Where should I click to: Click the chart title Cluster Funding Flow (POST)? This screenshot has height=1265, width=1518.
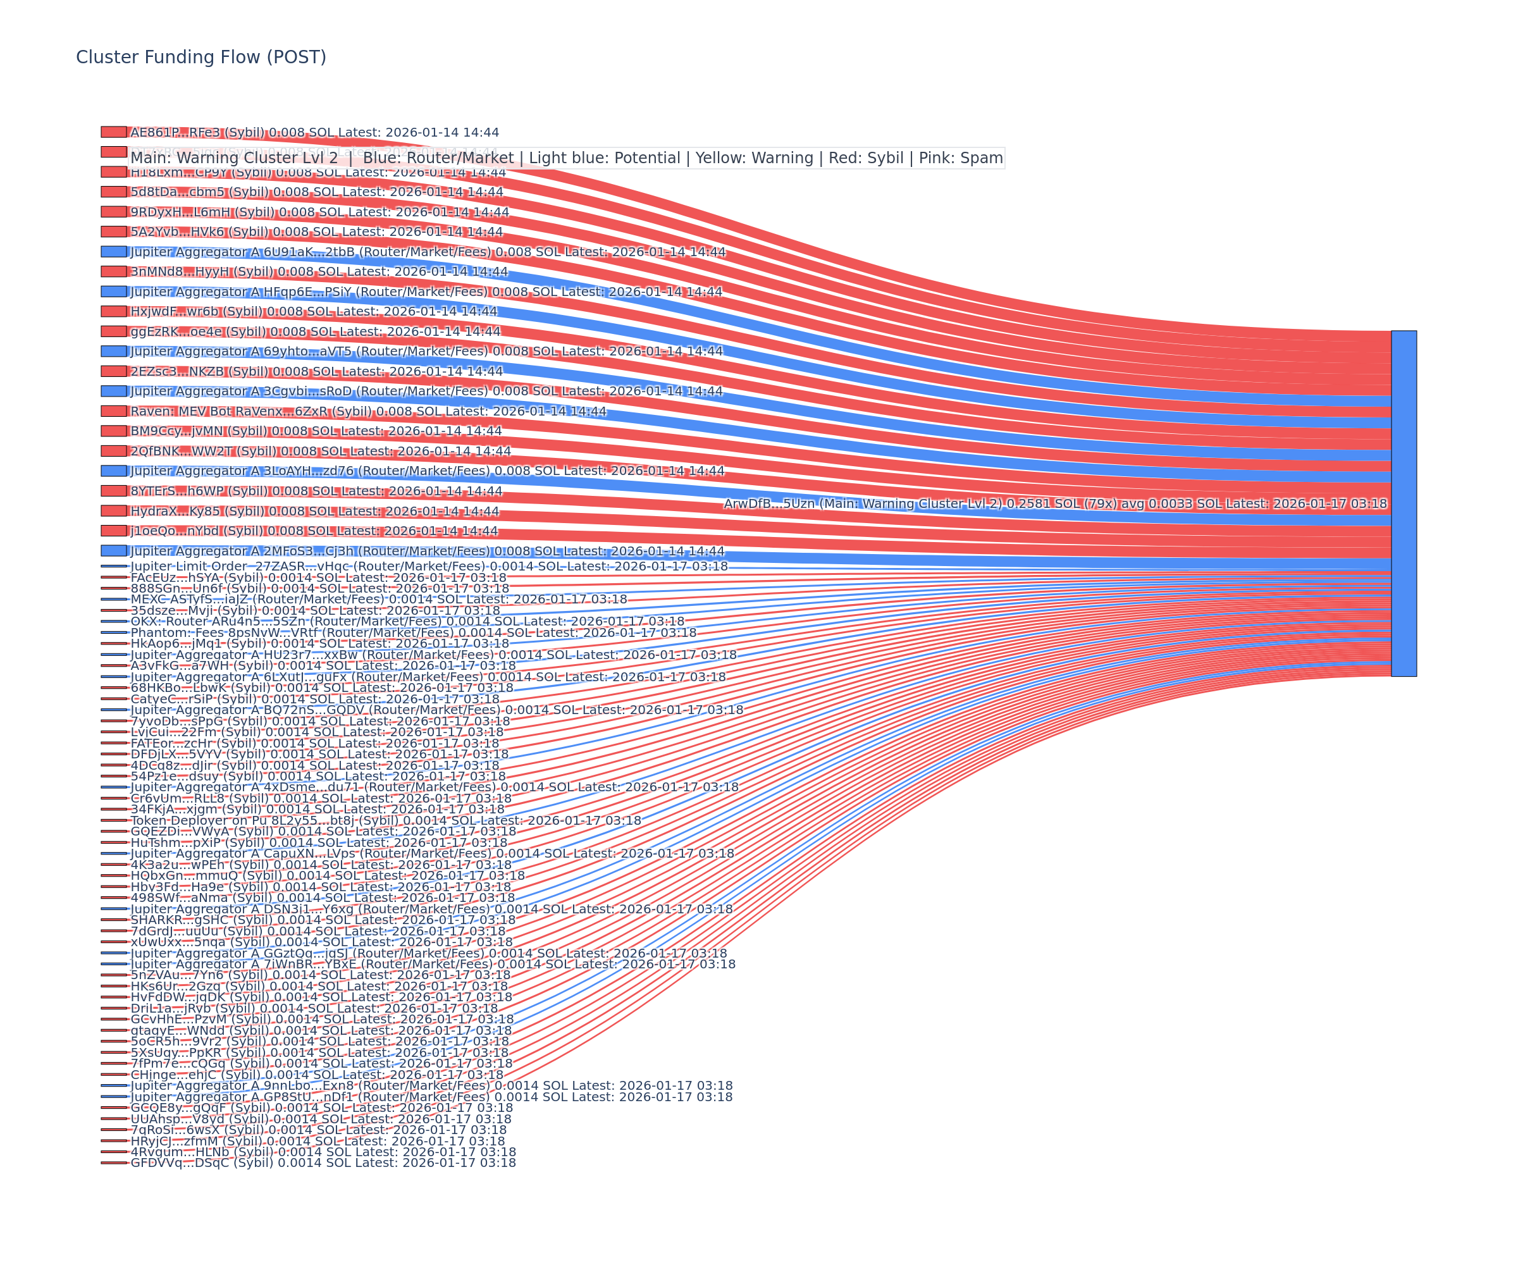201,57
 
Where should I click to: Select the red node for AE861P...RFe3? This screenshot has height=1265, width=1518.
113,132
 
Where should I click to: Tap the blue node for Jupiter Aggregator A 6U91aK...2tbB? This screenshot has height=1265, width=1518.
113,252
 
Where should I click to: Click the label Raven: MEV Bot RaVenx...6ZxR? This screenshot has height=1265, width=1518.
368,411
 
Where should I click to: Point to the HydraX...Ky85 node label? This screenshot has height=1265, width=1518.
314,511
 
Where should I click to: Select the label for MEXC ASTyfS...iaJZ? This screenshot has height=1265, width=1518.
378,599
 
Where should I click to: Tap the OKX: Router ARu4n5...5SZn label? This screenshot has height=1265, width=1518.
407,621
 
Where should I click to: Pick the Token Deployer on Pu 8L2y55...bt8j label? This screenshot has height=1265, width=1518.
385,820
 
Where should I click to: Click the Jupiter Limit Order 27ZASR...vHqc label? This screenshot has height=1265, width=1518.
429,566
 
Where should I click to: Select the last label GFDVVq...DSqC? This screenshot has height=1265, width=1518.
323,1163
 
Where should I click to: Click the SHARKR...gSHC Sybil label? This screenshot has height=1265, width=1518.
323,920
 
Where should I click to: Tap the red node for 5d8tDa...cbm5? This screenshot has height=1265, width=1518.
113,192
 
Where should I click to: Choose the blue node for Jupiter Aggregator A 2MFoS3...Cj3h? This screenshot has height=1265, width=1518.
113,551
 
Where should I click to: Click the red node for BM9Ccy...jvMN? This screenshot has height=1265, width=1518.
113,431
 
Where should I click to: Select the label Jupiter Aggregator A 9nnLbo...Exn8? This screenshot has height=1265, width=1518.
431,1086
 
